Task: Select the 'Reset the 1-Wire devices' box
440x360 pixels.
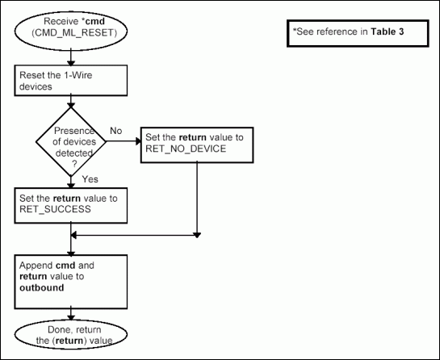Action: click(x=72, y=79)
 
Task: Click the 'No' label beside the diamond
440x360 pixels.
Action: click(x=115, y=130)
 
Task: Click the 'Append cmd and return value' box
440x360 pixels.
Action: click(x=72, y=277)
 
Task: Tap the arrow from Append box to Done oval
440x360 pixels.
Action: click(x=73, y=312)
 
